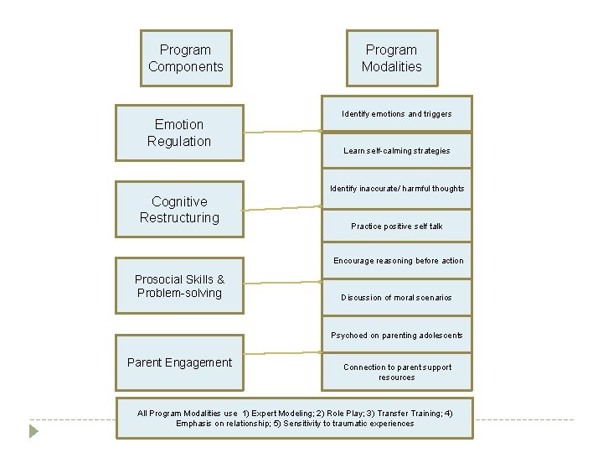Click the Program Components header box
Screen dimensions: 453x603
(x=186, y=58)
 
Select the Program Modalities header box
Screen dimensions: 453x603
(x=391, y=58)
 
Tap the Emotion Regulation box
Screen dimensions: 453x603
(x=179, y=133)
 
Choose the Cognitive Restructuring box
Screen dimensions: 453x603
(x=179, y=210)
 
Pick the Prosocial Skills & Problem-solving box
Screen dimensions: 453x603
(x=179, y=286)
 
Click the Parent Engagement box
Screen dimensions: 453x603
(x=179, y=362)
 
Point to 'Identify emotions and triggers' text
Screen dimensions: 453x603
(x=397, y=114)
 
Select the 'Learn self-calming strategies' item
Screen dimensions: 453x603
(x=397, y=151)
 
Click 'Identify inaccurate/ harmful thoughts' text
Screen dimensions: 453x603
(x=397, y=189)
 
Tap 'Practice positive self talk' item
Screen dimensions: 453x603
(x=397, y=226)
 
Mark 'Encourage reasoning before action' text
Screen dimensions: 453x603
(x=397, y=261)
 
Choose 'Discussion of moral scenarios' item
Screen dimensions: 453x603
(x=397, y=298)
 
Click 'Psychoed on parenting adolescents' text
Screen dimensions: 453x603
(x=397, y=336)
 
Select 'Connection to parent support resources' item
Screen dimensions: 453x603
(x=397, y=372)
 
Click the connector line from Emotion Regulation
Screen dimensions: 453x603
(x=282, y=132)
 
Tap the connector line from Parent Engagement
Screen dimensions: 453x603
(x=282, y=353)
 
